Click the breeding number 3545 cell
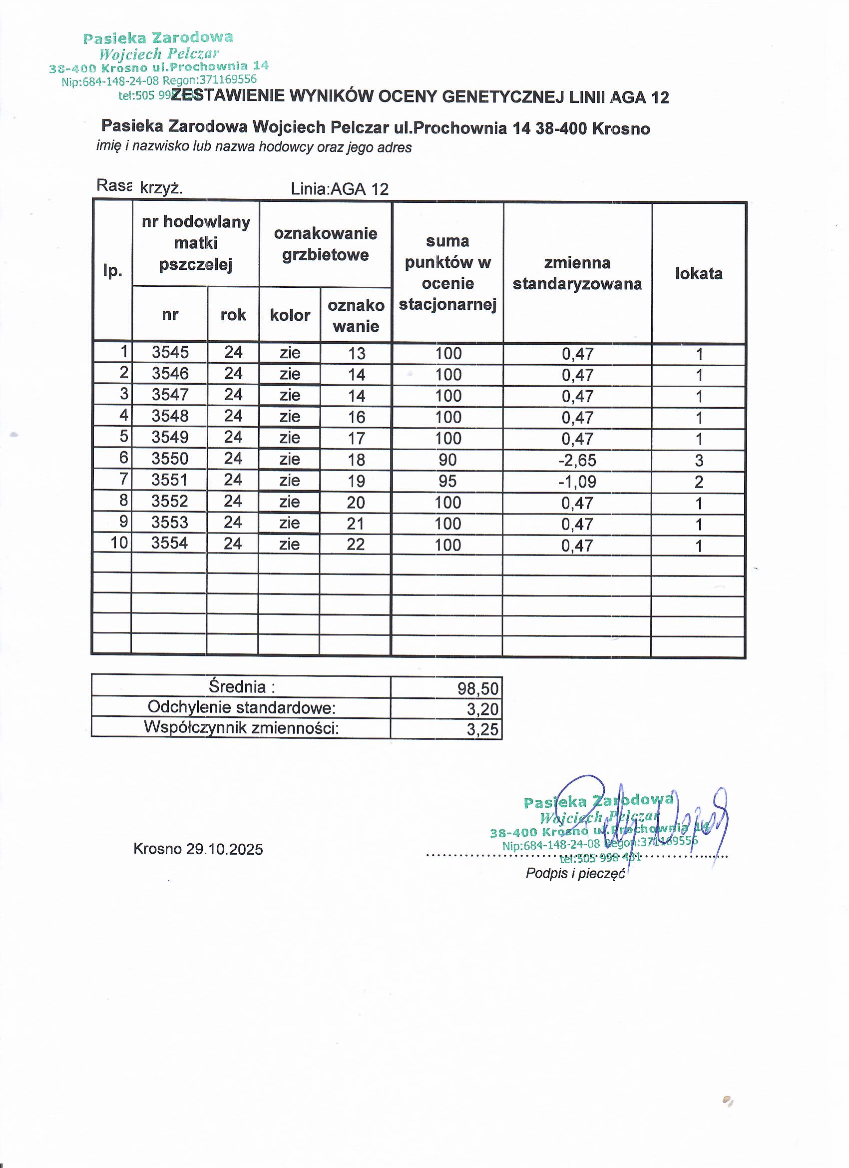170,352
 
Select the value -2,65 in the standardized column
577,460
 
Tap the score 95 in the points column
447,481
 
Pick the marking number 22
356,545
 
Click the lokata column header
699,273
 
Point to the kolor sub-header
290,315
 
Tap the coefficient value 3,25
482,729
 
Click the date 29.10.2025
224,849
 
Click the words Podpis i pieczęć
575,873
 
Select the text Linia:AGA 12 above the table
339,189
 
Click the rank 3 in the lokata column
699,461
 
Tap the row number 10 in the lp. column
119,543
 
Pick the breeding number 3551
170,480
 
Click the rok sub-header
233,315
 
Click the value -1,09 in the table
577,482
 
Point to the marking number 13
356,353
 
